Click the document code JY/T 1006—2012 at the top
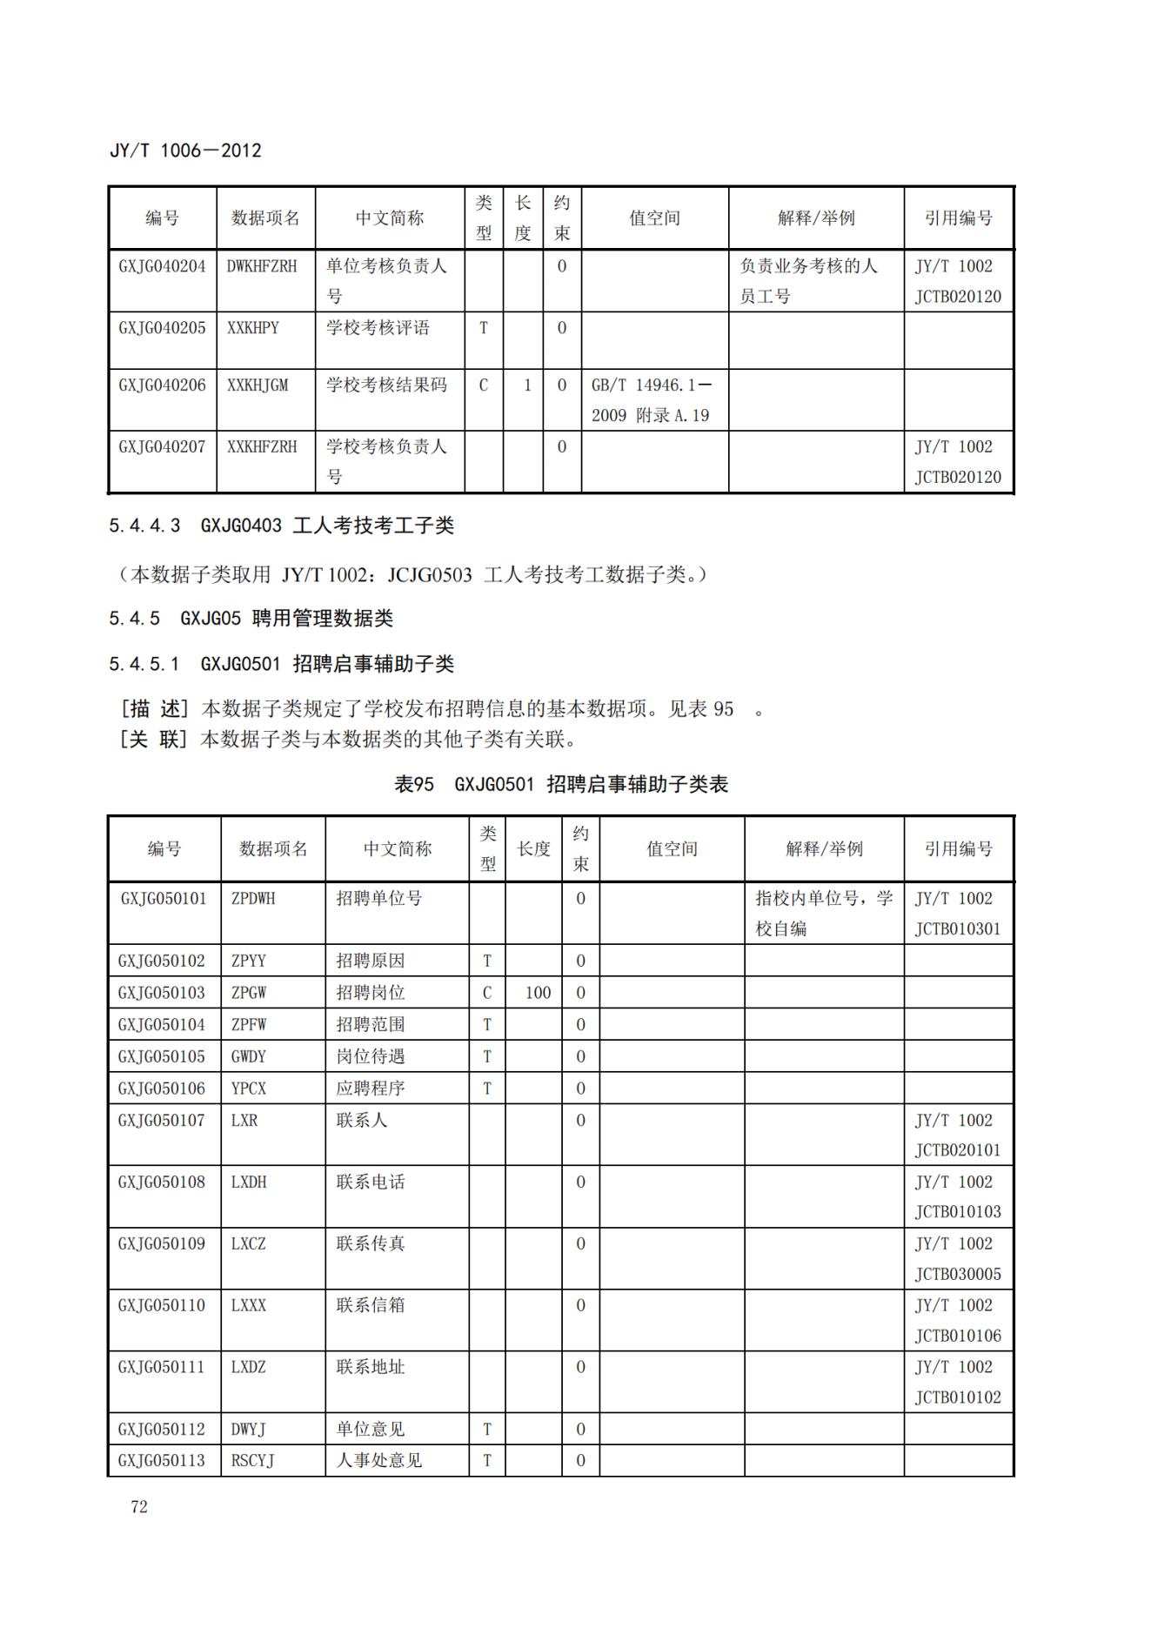pos(185,151)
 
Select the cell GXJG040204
pos(162,266)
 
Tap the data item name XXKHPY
pos(253,328)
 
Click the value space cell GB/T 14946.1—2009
pos(651,399)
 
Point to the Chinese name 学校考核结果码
pos(386,385)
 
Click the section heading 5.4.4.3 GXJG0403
pos(281,526)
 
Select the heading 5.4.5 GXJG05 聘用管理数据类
pos(251,619)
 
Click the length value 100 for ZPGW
pos(538,993)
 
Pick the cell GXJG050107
pos(162,1121)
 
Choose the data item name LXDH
pos(249,1182)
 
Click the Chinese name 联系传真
pos(371,1244)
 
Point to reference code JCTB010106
pos(958,1336)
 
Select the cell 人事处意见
pos(379,1461)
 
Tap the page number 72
pos(139,1507)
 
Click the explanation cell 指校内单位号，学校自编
pos(823,914)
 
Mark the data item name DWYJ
pos(248,1430)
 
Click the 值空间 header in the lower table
pos(672,849)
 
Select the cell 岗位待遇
pos(371,1057)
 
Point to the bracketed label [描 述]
pos(154,709)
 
